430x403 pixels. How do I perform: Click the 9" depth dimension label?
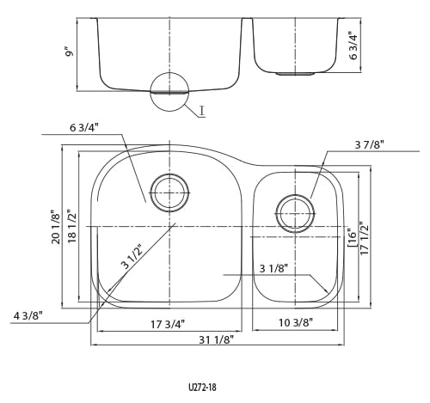click(70, 53)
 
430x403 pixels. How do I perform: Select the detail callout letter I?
click(202, 111)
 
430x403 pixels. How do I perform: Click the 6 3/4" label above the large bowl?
click(84, 128)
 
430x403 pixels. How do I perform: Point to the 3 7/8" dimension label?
click(369, 145)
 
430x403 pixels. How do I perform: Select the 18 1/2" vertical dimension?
click(72, 227)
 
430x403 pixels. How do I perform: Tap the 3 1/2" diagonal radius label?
click(132, 257)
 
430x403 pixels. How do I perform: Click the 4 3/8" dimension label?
click(28, 315)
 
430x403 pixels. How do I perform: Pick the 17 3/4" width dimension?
click(168, 325)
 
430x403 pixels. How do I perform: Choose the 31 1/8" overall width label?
click(217, 340)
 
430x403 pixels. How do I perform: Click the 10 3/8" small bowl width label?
click(296, 323)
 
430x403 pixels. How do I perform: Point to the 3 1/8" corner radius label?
click(273, 269)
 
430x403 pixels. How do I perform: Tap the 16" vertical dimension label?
click(353, 238)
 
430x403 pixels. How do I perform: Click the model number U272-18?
click(202, 388)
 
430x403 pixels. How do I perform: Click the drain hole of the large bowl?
click(169, 192)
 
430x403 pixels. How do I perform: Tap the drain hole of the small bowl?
click(295, 214)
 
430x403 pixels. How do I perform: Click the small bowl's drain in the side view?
click(295, 74)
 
